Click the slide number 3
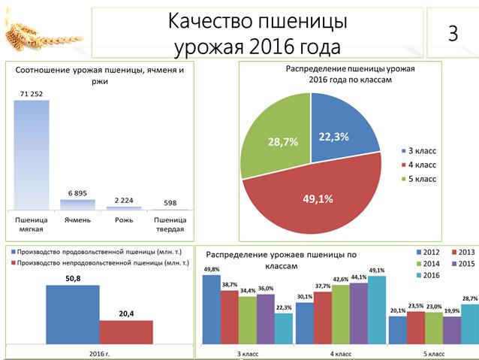pos(453,33)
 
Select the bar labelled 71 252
pos(32,154)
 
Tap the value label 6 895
pos(78,193)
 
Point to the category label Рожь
pos(124,220)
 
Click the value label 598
pos(170,203)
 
